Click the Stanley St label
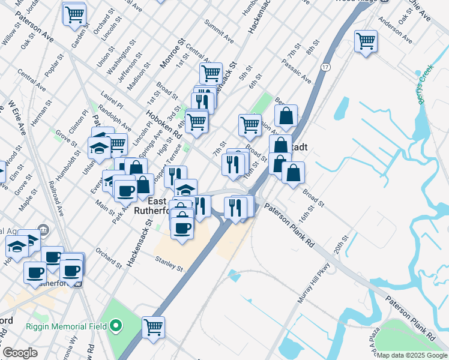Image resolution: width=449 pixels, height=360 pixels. click(x=168, y=263)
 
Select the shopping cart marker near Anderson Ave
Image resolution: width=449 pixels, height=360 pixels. click(x=365, y=41)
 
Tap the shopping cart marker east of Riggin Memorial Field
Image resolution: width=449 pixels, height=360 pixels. click(x=154, y=327)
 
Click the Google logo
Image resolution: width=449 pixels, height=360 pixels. click(x=20, y=353)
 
